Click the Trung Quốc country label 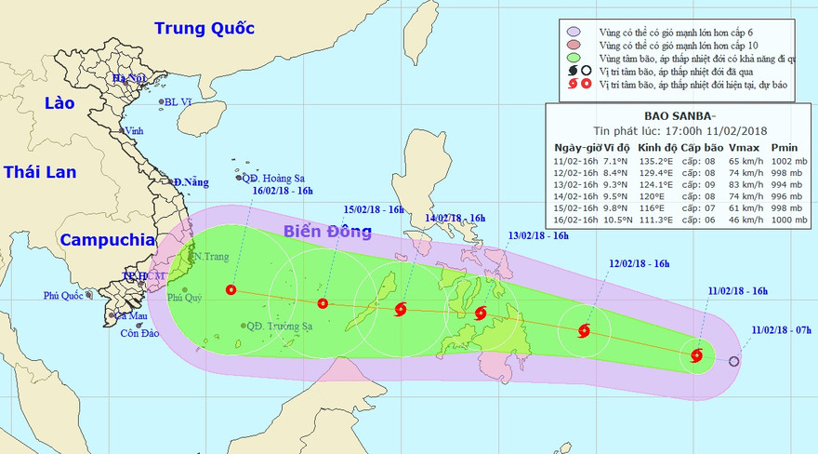pos(204,28)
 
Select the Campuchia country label pos(107,239)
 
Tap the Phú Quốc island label pos(63,296)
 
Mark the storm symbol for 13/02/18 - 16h pos(481,314)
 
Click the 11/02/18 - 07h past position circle pos(734,362)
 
